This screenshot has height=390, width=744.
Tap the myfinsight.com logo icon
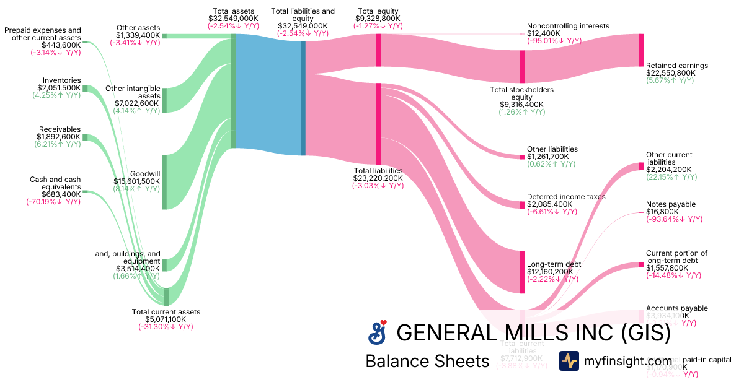tap(569, 361)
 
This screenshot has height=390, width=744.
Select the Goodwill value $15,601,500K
tap(136, 181)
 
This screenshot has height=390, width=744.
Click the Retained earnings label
tap(676, 66)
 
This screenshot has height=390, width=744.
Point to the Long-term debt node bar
tap(522, 272)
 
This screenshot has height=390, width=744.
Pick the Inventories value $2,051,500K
tap(59, 88)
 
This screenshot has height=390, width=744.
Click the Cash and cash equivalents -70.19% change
tap(53, 201)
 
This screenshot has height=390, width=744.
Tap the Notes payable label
tap(670, 204)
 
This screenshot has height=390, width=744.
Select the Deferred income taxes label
tap(566, 197)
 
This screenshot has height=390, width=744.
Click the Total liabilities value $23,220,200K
tap(378, 178)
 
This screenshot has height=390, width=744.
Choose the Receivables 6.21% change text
tap(57, 144)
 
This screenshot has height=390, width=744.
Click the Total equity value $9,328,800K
tap(378, 19)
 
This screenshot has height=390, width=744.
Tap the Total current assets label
tap(166, 311)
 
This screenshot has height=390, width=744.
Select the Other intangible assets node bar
tap(164, 100)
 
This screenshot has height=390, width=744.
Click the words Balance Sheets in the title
tap(427, 361)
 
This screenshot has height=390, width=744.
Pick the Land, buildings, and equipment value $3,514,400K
tap(137, 269)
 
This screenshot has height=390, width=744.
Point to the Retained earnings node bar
tap(641, 50)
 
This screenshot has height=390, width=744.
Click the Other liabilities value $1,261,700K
tap(552, 157)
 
